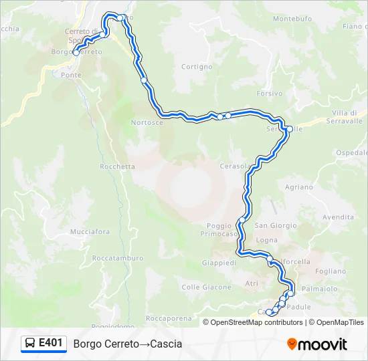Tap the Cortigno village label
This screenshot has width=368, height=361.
197,67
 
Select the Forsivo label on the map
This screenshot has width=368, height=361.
269,94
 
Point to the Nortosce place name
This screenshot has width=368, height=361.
147,123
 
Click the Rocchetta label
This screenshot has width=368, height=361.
117,166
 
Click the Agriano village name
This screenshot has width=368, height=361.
298,187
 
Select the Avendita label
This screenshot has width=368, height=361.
338,217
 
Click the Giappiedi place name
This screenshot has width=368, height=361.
219,263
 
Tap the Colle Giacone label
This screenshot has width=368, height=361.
206,287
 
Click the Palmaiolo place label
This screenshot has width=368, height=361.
320,289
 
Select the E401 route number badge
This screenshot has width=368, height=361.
51,344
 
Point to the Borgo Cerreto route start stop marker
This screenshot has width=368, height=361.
76,52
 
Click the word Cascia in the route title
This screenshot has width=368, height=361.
166,344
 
